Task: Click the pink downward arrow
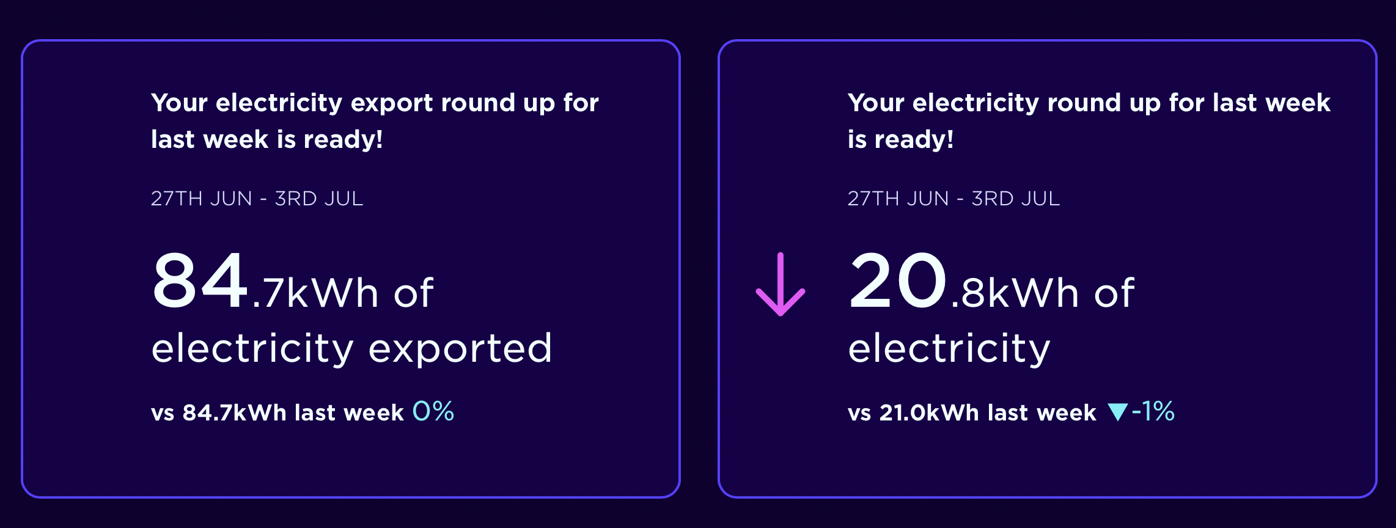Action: point(781,284)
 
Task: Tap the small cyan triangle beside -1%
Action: point(1118,412)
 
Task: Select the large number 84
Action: point(200,280)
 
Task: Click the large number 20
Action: point(898,280)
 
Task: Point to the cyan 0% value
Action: point(433,411)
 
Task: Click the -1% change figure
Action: point(1153,411)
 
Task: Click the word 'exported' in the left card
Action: point(460,349)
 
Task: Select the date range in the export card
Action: point(257,199)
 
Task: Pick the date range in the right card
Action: point(953,199)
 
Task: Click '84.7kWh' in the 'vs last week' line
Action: point(234,413)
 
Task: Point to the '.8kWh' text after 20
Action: point(1015,293)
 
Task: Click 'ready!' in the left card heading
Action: point(343,140)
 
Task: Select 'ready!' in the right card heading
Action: point(914,140)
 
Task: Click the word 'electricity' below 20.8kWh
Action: point(949,349)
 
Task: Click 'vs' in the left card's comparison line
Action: point(163,414)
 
